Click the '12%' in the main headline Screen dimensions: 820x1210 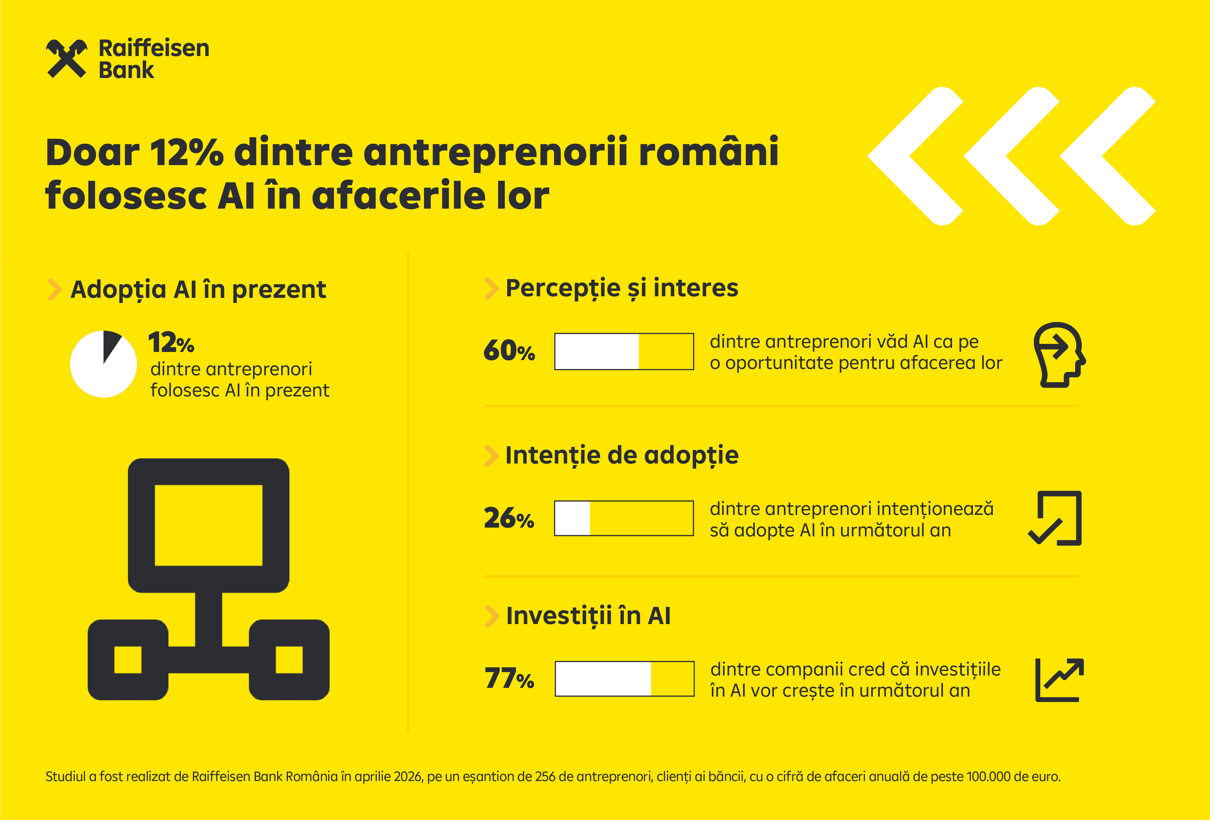[186, 153]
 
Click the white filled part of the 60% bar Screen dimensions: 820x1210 [597, 351]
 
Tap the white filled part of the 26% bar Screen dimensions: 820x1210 [572, 518]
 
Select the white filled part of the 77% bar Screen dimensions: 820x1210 [603, 678]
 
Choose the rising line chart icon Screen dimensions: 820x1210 [1059, 679]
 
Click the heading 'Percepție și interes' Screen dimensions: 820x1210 [622, 288]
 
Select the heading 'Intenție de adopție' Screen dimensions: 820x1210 [622, 455]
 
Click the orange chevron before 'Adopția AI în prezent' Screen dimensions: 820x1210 [54, 289]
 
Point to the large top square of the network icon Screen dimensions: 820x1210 [208, 525]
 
